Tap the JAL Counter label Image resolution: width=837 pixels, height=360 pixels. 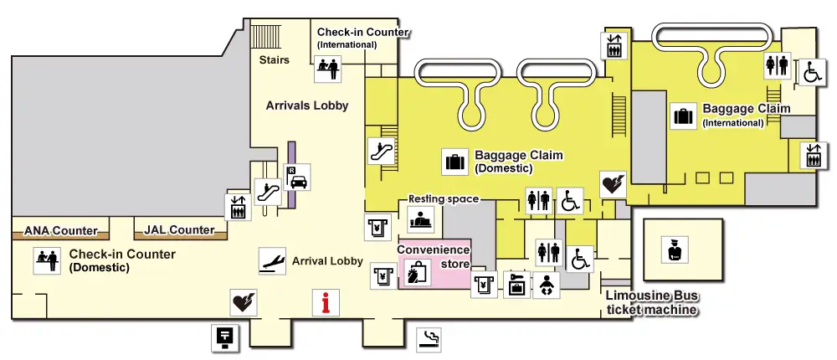click(x=180, y=229)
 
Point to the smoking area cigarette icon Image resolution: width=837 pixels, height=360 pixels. click(x=429, y=339)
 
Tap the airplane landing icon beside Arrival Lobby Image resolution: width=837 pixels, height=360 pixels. click(x=270, y=260)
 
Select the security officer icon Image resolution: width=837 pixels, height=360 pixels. click(x=673, y=249)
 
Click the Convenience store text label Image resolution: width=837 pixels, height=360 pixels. click(x=433, y=255)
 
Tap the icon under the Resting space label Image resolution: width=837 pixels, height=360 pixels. click(x=420, y=219)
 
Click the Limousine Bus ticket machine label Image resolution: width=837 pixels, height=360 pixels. click(x=651, y=304)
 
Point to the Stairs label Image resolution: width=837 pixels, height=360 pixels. click(x=275, y=60)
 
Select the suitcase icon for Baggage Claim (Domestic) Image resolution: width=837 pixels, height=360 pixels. click(x=456, y=160)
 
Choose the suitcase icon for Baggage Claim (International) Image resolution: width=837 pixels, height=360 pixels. click(x=685, y=116)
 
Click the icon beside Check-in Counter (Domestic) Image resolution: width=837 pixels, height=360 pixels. click(x=46, y=260)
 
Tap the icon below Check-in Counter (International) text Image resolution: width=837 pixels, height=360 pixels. click(x=327, y=68)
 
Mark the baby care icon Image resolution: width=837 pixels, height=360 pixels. click(x=546, y=285)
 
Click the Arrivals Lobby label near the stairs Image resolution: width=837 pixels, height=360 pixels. click(x=307, y=105)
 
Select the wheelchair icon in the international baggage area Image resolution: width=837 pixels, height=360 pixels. click(x=810, y=72)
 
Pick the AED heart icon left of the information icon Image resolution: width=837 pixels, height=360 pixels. click(x=243, y=301)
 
